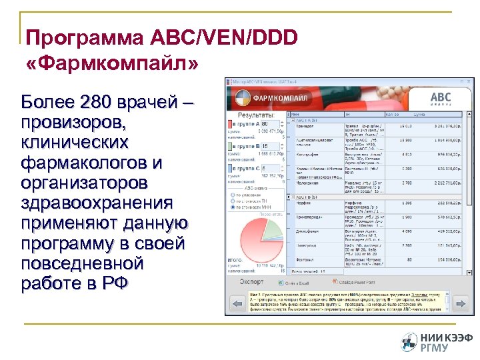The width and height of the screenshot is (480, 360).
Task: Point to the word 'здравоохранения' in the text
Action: (x=97, y=202)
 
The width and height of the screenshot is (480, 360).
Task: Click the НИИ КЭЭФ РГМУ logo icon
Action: (x=409, y=342)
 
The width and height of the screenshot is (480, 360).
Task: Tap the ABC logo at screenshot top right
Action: (x=440, y=99)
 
